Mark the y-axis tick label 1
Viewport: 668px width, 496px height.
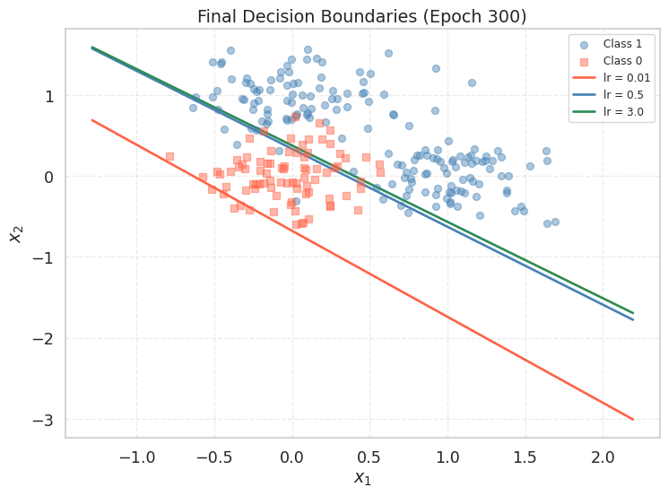point(50,96)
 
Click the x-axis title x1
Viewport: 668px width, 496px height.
point(361,478)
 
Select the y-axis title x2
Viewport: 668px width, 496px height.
point(17,233)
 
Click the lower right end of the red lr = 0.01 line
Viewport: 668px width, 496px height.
point(633,419)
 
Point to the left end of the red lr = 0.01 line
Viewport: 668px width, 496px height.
point(91,119)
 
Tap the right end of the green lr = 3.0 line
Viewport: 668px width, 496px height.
point(633,313)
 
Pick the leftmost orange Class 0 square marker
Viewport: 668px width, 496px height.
point(169,156)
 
